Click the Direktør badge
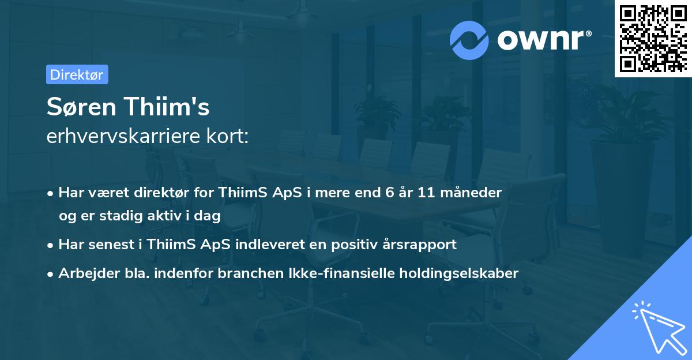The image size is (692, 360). tap(77, 74)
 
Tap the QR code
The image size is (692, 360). tap(653, 38)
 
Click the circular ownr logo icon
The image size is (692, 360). tap(469, 40)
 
